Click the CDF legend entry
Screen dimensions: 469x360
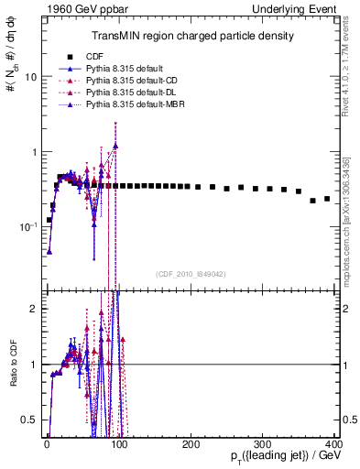coord(94,56)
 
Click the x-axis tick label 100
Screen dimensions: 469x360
coord(118,445)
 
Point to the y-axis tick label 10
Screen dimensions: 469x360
coord(28,77)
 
